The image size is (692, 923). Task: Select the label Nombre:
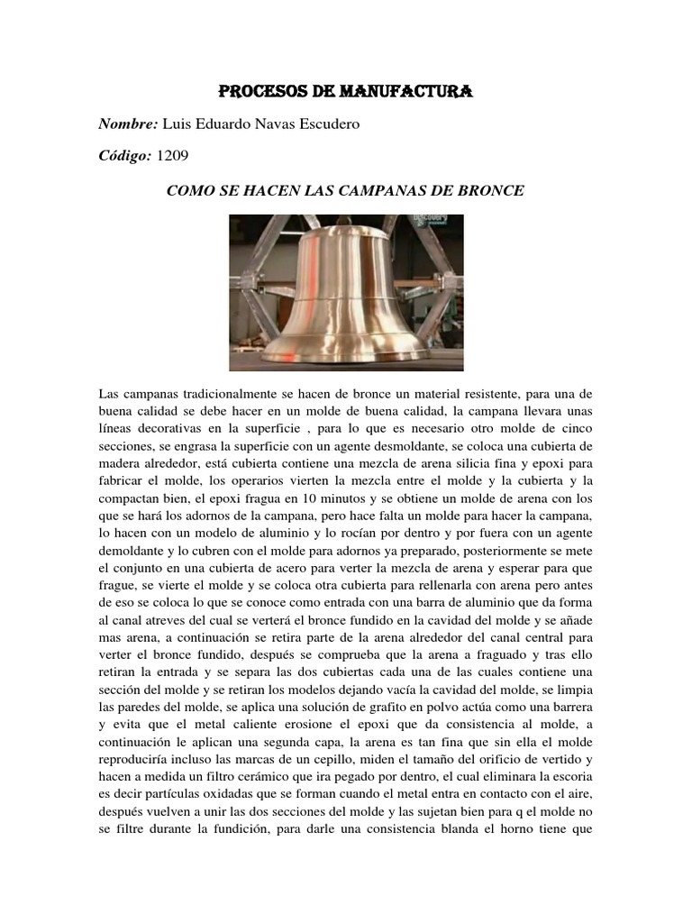[127, 123]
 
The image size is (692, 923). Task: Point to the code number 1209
[173, 155]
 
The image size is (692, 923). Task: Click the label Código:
[124, 155]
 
